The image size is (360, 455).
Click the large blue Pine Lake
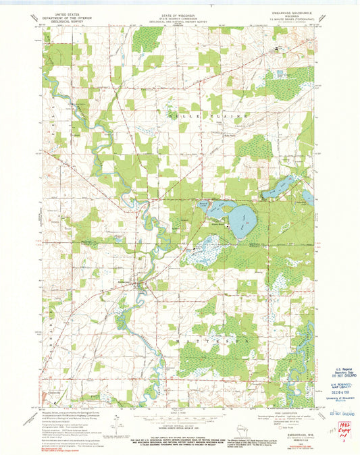tap(242, 217)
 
